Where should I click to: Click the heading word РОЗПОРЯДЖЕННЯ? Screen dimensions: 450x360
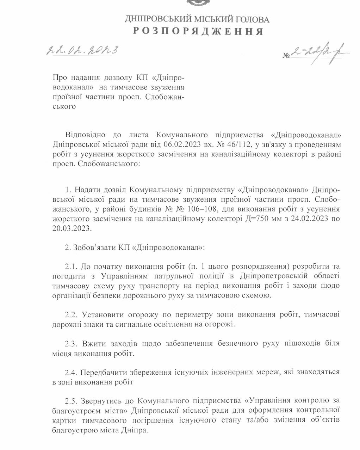coord(198,31)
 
